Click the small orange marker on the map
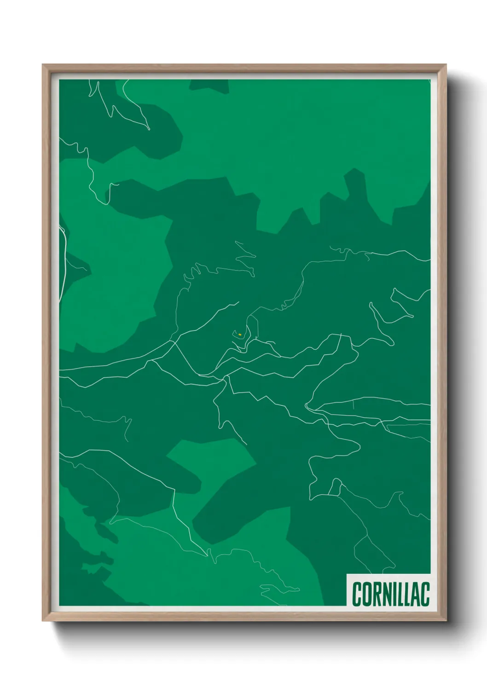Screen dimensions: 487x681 pyautogui.click(x=240, y=335)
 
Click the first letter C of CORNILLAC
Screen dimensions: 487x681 pyautogui.click(x=357, y=594)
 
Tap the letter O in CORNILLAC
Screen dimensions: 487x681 pyautogui.click(x=367, y=594)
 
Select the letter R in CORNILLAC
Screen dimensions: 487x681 pyautogui.click(x=377, y=594)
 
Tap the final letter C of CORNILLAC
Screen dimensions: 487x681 pyautogui.click(x=425, y=594)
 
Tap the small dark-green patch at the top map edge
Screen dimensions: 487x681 pyautogui.click(x=209, y=86)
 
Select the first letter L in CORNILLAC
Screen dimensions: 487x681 pyautogui.click(x=401, y=594)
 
